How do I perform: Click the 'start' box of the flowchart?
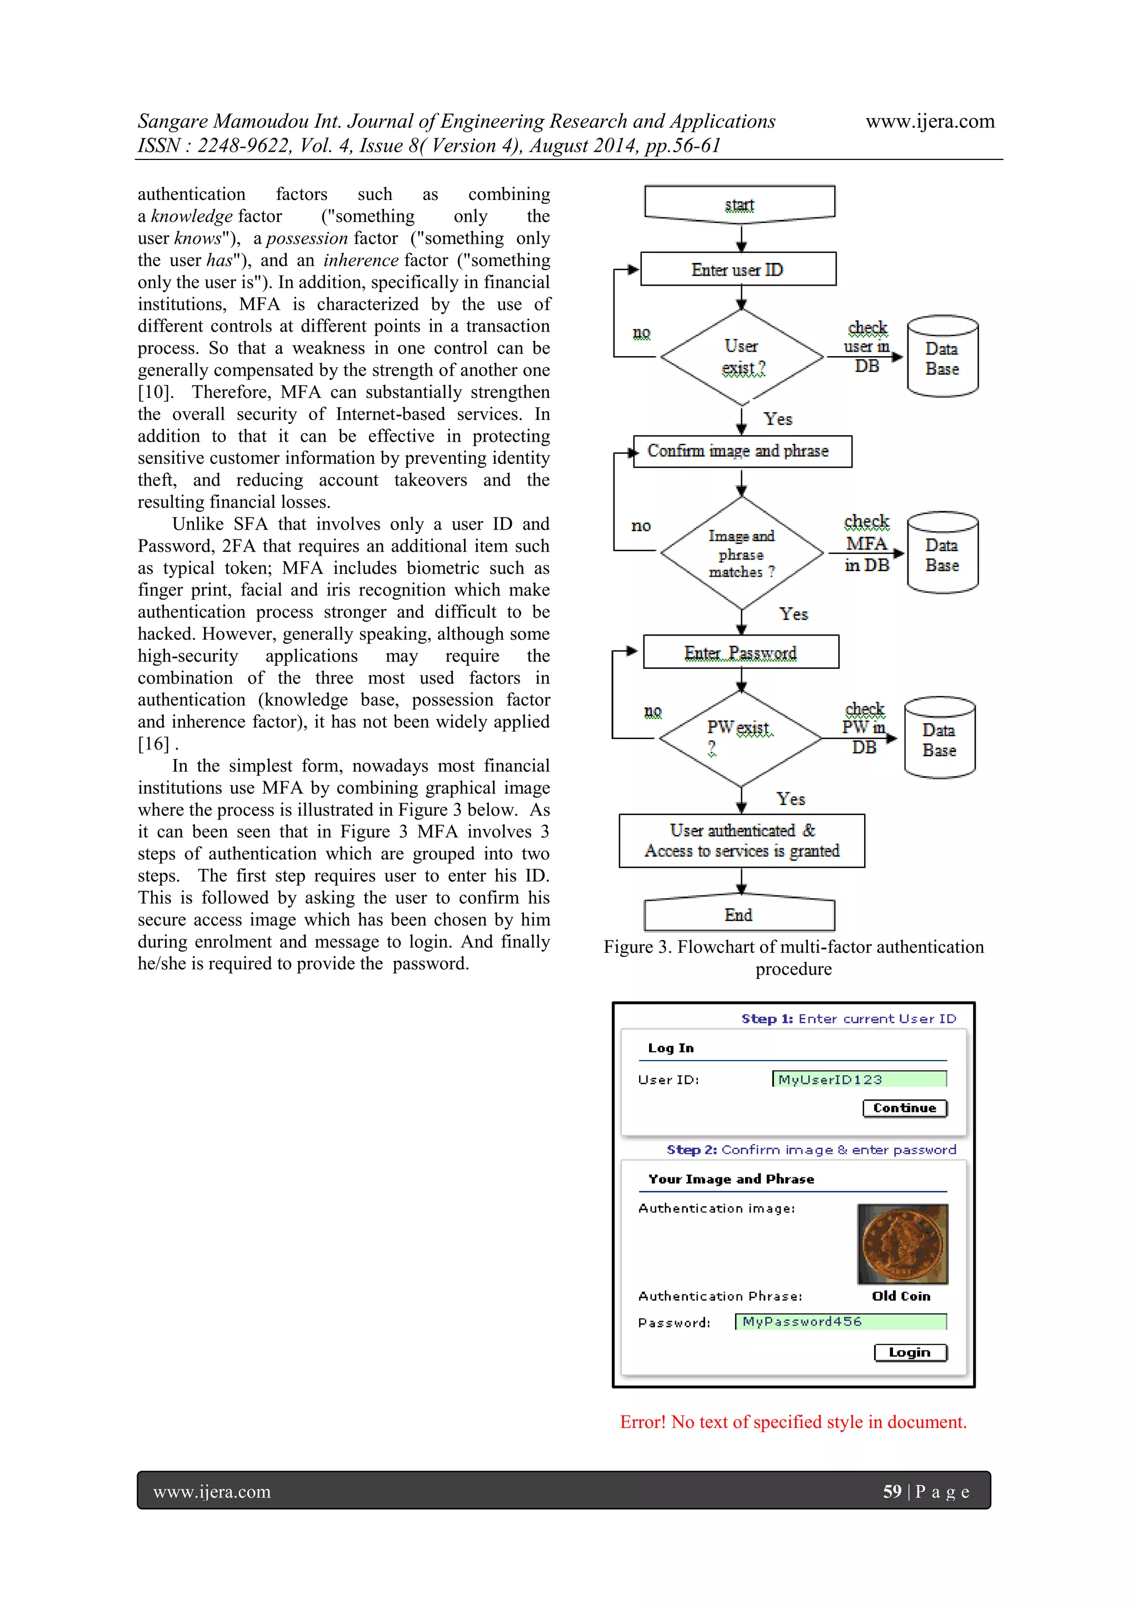(739, 204)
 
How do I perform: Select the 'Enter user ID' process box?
(738, 269)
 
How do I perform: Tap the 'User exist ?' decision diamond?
(741, 357)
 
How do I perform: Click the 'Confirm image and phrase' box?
(741, 451)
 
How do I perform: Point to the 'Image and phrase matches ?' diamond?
(741, 553)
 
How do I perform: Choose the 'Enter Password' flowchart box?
(741, 652)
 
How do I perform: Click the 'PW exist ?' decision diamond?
(740, 738)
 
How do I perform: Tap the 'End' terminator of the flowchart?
(738, 915)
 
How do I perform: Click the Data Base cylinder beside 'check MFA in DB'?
(942, 553)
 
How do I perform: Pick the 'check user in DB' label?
(867, 347)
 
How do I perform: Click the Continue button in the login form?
(904, 1108)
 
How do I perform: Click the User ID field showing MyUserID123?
(859, 1079)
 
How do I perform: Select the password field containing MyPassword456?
(840, 1322)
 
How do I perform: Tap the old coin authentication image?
(902, 1244)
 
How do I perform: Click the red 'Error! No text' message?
(792, 1422)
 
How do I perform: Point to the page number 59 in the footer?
(891, 1491)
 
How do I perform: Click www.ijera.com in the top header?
(930, 121)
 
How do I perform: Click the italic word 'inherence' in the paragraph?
(360, 260)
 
